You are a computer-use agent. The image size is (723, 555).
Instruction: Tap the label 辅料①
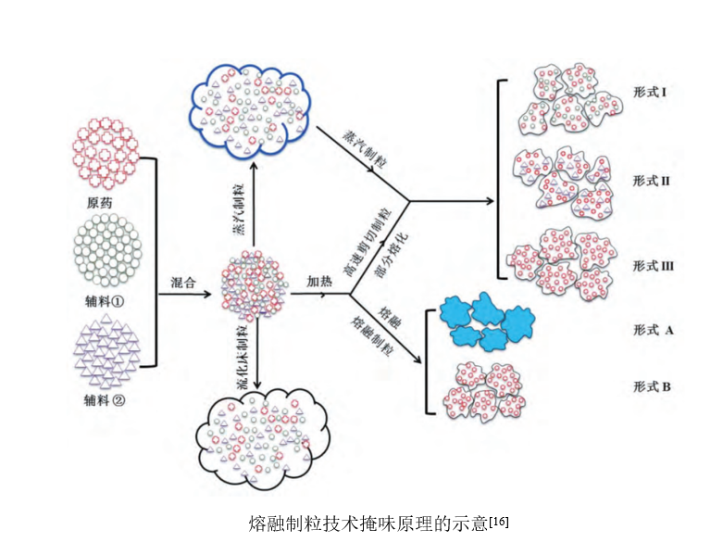point(106,301)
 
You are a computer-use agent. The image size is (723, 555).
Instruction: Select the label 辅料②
point(106,401)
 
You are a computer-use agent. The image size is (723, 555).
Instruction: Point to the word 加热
point(321,283)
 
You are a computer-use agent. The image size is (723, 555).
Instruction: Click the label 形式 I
point(651,94)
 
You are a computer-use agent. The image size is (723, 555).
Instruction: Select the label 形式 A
point(652,330)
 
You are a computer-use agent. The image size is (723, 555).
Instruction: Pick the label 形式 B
point(652,385)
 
